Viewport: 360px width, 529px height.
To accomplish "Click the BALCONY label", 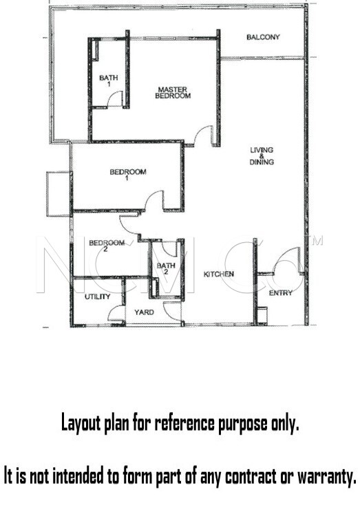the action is (x=263, y=37).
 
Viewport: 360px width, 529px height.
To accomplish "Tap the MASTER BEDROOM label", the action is (x=173, y=93).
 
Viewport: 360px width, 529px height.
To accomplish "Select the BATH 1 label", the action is (x=109, y=80).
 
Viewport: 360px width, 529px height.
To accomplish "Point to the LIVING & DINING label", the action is (x=262, y=156).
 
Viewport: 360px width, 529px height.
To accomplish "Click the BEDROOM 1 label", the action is (x=128, y=175).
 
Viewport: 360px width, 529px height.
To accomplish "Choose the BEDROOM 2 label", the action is (x=107, y=246).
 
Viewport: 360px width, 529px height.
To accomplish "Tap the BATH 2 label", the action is (x=166, y=268).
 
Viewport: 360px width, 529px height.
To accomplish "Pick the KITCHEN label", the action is (x=219, y=274).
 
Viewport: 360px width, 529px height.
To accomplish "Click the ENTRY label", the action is (x=281, y=293).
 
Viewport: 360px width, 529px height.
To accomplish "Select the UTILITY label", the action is (x=97, y=296).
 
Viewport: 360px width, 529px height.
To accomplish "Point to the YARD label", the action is (x=144, y=312).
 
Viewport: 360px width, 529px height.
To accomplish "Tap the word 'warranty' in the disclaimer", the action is (x=327, y=477).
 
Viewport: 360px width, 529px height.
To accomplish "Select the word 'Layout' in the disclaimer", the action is (x=81, y=423).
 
